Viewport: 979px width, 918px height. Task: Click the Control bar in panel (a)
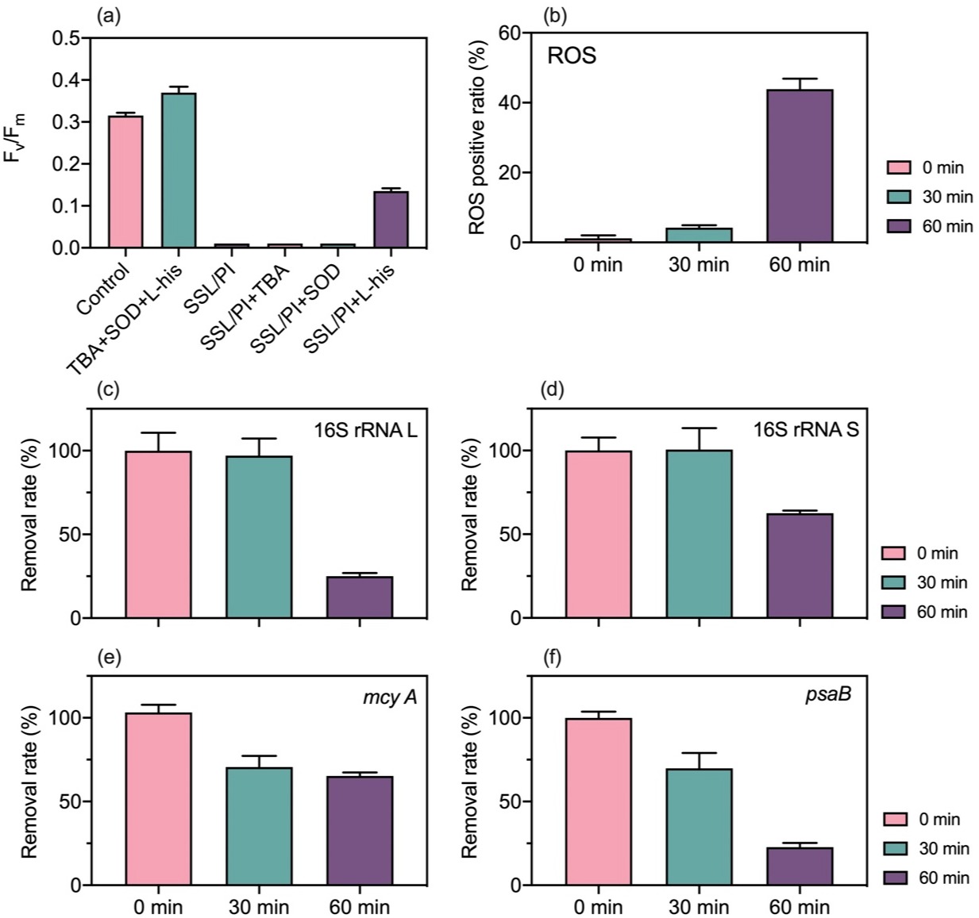click(x=125, y=182)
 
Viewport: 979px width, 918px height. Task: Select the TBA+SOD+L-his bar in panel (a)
click(x=179, y=171)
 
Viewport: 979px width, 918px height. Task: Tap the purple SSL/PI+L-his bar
click(x=391, y=220)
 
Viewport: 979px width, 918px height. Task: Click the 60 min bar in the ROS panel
click(x=799, y=166)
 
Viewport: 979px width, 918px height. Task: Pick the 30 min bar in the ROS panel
click(x=699, y=235)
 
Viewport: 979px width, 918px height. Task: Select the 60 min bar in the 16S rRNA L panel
click(x=360, y=597)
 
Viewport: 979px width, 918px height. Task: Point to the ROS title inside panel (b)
click(x=572, y=56)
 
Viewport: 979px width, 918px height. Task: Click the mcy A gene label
click(x=389, y=697)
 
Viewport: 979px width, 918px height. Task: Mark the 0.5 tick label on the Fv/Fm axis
click(x=66, y=38)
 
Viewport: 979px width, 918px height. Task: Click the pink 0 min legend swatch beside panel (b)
click(x=899, y=167)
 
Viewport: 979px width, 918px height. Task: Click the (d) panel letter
click(x=548, y=390)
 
